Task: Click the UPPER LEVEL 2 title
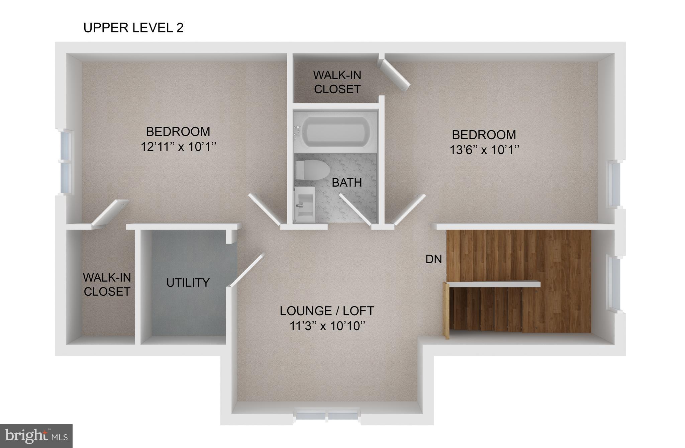click(x=133, y=28)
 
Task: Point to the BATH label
click(x=347, y=183)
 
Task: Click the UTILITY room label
click(x=188, y=283)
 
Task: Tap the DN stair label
click(x=433, y=259)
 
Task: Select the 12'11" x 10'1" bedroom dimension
click(x=178, y=147)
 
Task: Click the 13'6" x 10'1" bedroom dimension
click(x=484, y=150)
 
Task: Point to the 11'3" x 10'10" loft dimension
click(x=327, y=326)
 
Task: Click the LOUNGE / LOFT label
click(x=327, y=311)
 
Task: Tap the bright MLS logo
click(x=36, y=436)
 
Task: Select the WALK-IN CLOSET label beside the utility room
click(x=107, y=285)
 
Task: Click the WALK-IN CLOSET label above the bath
click(x=337, y=82)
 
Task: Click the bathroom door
click(x=356, y=208)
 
